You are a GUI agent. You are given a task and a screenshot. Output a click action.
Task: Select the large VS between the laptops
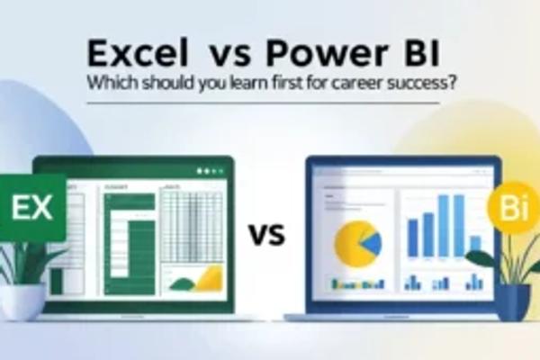tap(266, 237)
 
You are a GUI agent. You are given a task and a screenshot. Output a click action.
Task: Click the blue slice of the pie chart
tap(369, 238)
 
